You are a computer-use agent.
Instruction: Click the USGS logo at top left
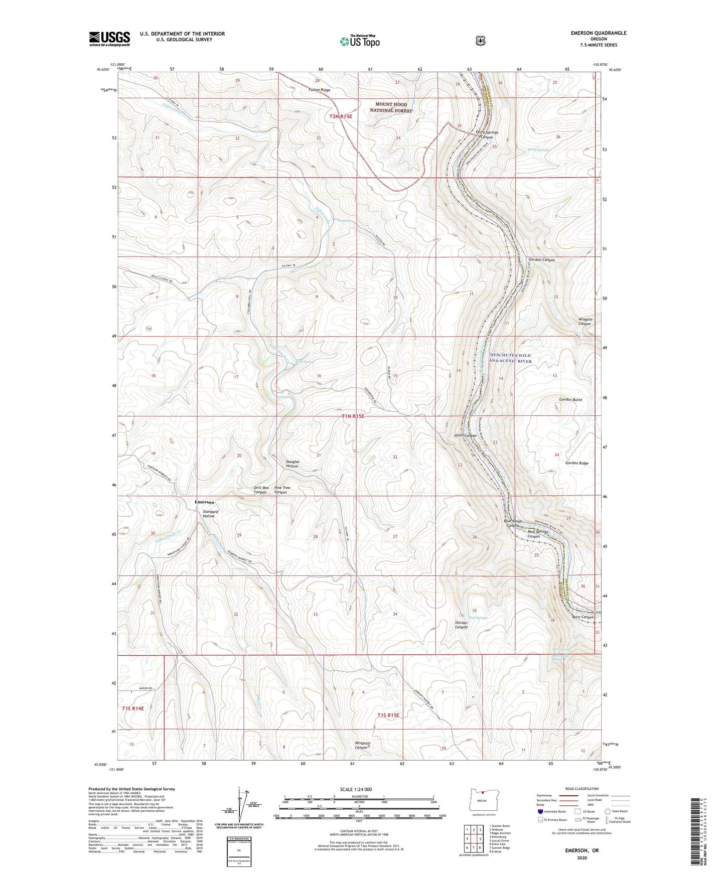[109, 39]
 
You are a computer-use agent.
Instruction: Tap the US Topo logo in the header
[359, 41]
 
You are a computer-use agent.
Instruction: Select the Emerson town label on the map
[204, 502]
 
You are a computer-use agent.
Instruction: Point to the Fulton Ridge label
[319, 90]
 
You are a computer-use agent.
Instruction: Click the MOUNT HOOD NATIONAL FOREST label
[394, 107]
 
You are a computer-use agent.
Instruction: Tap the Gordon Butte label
[570, 399]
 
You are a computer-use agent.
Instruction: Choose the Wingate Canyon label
[585, 321]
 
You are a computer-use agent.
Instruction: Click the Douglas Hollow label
[292, 464]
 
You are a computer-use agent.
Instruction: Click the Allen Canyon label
[465, 435]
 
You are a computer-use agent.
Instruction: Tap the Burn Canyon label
[583, 617]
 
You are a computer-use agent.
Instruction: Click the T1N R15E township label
[353, 416]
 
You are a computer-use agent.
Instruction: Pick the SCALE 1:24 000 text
[356, 789]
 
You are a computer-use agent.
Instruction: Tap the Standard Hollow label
[209, 514]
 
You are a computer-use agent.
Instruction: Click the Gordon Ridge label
[576, 463]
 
